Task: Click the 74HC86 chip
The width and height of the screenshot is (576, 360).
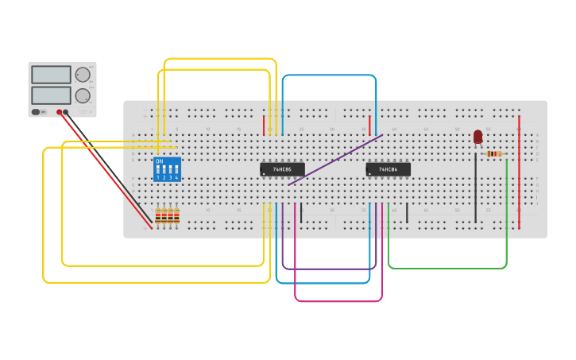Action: (282, 169)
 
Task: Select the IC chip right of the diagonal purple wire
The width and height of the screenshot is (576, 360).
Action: (388, 169)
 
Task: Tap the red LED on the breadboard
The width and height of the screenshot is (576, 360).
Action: (477, 136)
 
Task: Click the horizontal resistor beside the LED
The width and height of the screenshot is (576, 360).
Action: (493, 153)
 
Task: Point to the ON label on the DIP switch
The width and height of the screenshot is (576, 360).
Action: (159, 161)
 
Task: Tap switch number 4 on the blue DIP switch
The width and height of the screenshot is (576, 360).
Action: (176, 171)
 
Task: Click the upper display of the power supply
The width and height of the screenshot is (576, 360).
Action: (51, 75)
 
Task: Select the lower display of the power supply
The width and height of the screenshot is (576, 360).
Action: (51, 95)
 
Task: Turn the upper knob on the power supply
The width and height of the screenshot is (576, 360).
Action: (82, 75)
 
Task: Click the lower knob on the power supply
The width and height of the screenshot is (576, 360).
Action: (82, 95)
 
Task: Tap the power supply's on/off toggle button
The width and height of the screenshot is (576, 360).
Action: (37, 112)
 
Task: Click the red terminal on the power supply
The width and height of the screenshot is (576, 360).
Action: (58, 112)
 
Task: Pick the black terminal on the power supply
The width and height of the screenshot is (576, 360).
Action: (66, 112)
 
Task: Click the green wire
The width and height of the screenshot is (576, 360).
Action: (445, 268)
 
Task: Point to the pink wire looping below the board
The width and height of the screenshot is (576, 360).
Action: (338, 301)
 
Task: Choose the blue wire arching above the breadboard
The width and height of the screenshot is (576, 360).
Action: (328, 75)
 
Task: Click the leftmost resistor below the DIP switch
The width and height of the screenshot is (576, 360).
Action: (157, 216)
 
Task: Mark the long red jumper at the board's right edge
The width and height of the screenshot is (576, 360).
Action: (520, 175)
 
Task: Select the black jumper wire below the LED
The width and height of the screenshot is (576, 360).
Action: (476, 188)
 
